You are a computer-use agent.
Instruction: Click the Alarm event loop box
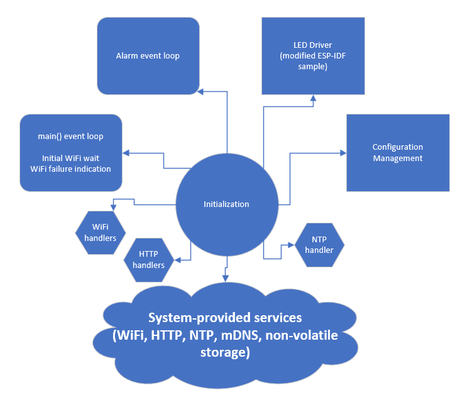click(148, 56)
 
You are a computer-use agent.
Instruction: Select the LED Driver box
click(312, 56)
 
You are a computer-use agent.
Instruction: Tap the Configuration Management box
click(398, 153)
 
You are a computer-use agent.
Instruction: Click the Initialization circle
click(226, 204)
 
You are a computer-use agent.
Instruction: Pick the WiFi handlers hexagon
click(100, 232)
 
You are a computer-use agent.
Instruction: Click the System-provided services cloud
click(226, 335)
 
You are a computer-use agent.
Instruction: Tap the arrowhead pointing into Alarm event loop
click(200, 92)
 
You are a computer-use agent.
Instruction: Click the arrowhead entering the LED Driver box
click(313, 99)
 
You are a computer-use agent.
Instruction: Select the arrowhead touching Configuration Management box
click(343, 153)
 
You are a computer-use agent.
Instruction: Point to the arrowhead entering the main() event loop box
click(126, 153)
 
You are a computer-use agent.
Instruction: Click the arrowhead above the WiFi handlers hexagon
click(113, 206)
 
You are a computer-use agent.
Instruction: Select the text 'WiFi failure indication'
click(70, 169)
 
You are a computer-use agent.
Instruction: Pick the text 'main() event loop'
click(70, 136)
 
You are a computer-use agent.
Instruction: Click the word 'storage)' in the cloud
click(225, 352)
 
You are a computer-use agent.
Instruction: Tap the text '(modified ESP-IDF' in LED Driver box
click(312, 56)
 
